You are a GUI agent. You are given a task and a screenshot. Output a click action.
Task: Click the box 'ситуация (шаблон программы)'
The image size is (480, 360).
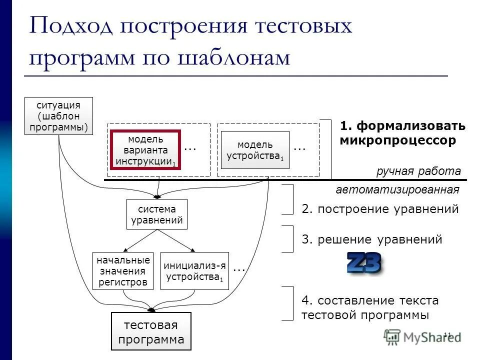pos(59,116)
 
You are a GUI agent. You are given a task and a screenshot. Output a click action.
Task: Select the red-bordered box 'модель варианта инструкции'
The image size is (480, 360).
pos(145,149)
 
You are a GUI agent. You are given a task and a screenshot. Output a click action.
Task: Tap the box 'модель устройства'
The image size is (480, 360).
pos(255,150)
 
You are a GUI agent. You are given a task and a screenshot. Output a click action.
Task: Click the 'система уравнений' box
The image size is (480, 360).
pos(157,214)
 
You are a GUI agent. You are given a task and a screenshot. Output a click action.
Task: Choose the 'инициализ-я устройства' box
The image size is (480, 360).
pos(194,271)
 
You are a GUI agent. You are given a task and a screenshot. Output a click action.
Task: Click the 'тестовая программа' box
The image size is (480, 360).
pos(151,331)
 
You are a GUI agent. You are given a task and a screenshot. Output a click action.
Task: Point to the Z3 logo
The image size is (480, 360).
pos(364,263)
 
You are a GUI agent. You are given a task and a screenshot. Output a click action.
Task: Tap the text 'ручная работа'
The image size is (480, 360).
pos(418,171)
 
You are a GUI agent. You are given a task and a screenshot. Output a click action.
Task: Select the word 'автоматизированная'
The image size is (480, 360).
pos(397,190)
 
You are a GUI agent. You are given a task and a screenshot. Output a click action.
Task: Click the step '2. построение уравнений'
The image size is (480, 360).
pos(380,209)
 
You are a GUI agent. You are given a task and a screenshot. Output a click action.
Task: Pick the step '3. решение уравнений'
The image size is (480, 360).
pos(372,239)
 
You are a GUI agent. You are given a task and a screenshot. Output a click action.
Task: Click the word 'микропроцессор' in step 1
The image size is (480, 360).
pos(398,141)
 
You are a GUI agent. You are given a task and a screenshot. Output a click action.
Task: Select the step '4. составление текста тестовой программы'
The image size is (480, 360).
pos(370,307)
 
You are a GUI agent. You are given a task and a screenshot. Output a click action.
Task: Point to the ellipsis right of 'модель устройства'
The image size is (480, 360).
pos(299,148)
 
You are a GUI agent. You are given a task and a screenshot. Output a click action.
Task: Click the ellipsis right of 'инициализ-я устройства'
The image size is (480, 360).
pos(239,268)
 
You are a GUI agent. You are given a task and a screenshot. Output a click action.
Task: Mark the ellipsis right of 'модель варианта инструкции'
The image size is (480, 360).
pos(190,148)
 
